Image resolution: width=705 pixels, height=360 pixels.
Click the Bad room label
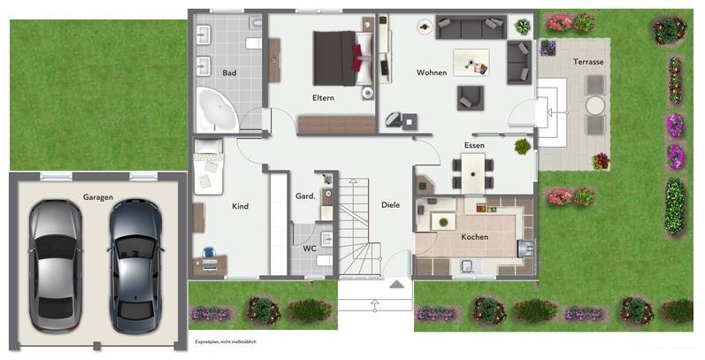pyautogui.click(x=229, y=73)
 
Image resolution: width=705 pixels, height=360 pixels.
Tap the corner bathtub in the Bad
pyautogui.click(x=214, y=110)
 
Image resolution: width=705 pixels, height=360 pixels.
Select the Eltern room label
pyautogui.click(x=323, y=97)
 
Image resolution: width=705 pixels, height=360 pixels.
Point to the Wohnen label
pyautogui.click(x=432, y=72)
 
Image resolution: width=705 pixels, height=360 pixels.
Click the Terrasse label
pyautogui.click(x=588, y=62)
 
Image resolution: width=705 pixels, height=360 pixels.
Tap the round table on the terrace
pyautogui.click(x=594, y=104)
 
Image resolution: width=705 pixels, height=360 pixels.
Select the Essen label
pyautogui.click(x=474, y=145)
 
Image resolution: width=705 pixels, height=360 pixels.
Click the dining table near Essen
pyautogui.click(x=473, y=170)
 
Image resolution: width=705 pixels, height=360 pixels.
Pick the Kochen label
pyautogui.click(x=474, y=237)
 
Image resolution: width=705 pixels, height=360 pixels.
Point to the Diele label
pyautogui.click(x=390, y=205)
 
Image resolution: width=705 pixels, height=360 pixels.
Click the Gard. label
pyautogui.click(x=305, y=195)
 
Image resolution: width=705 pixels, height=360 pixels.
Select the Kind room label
pyautogui.click(x=240, y=206)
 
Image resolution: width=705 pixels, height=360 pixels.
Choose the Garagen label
pyautogui.click(x=97, y=197)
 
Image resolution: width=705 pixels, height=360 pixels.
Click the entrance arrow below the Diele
pyautogui.click(x=397, y=284)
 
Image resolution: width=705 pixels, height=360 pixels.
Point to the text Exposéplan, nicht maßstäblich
pyautogui.click(x=232, y=341)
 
